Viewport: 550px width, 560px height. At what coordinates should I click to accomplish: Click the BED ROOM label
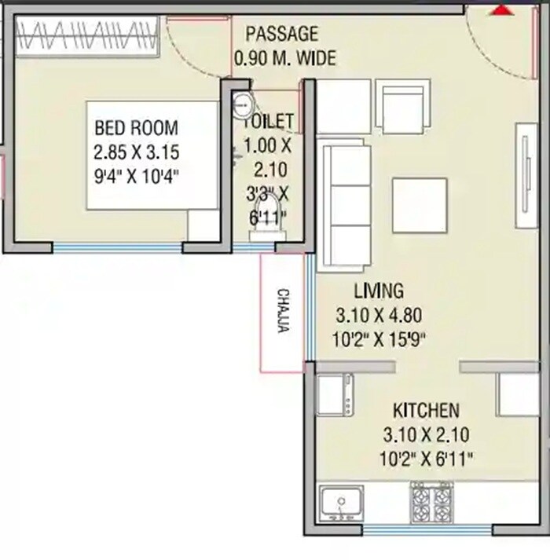(136, 127)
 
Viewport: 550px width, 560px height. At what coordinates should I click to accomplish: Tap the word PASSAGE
(282, 34)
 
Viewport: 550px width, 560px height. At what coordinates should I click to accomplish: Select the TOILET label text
(269, 122)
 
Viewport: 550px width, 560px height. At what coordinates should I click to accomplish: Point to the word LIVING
(379, 291)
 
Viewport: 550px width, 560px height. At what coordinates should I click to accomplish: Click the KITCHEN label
(426, 411)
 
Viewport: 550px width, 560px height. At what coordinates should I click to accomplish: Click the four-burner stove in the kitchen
(431, 502)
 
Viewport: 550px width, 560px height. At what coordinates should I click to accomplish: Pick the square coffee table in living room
(419, 205)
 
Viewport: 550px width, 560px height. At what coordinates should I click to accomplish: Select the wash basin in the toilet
(244, 101)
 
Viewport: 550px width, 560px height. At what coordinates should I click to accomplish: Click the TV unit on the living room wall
(524, 173)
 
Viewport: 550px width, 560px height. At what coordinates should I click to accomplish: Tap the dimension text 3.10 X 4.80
(379, 316)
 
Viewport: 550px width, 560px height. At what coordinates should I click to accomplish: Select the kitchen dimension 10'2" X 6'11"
(426, 458)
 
